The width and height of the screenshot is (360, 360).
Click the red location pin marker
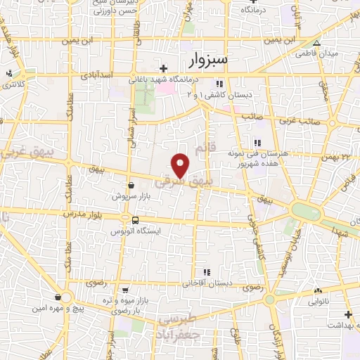[181, 165]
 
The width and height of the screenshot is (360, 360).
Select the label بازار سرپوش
[131, 196]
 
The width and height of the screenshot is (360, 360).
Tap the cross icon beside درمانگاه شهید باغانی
[164, 68]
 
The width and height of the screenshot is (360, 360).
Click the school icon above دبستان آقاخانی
[206, 272]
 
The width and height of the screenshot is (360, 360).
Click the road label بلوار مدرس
[83, 212]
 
